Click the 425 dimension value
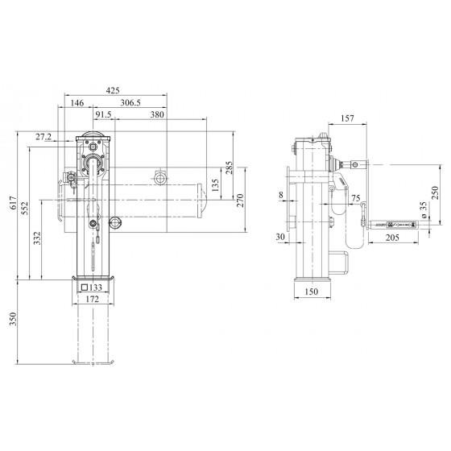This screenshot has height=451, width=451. [x=113, y=90]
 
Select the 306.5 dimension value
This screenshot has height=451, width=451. [x=130, y=103]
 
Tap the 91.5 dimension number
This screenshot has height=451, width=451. [x=103, y=114]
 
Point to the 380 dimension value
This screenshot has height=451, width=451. [x=157, y=114]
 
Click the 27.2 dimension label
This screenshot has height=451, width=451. [x=43, y=137]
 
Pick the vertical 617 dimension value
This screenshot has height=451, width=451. [x=13, y=203]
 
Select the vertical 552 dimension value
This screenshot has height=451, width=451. [x=25, y=209]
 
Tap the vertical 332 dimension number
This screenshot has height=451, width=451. [x=37, y=238]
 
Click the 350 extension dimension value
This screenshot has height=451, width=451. [x=13, y=319]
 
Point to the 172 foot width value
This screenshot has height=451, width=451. [x=93, y=299]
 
